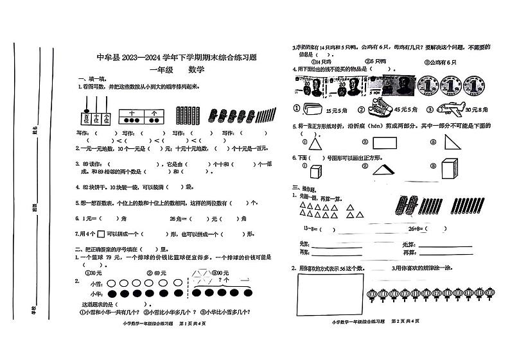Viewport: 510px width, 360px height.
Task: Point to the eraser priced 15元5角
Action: (x=315, y=108)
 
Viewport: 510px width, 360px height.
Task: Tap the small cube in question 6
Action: (x=315, y=172)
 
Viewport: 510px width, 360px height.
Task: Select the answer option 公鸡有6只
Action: (x=439, y=62)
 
